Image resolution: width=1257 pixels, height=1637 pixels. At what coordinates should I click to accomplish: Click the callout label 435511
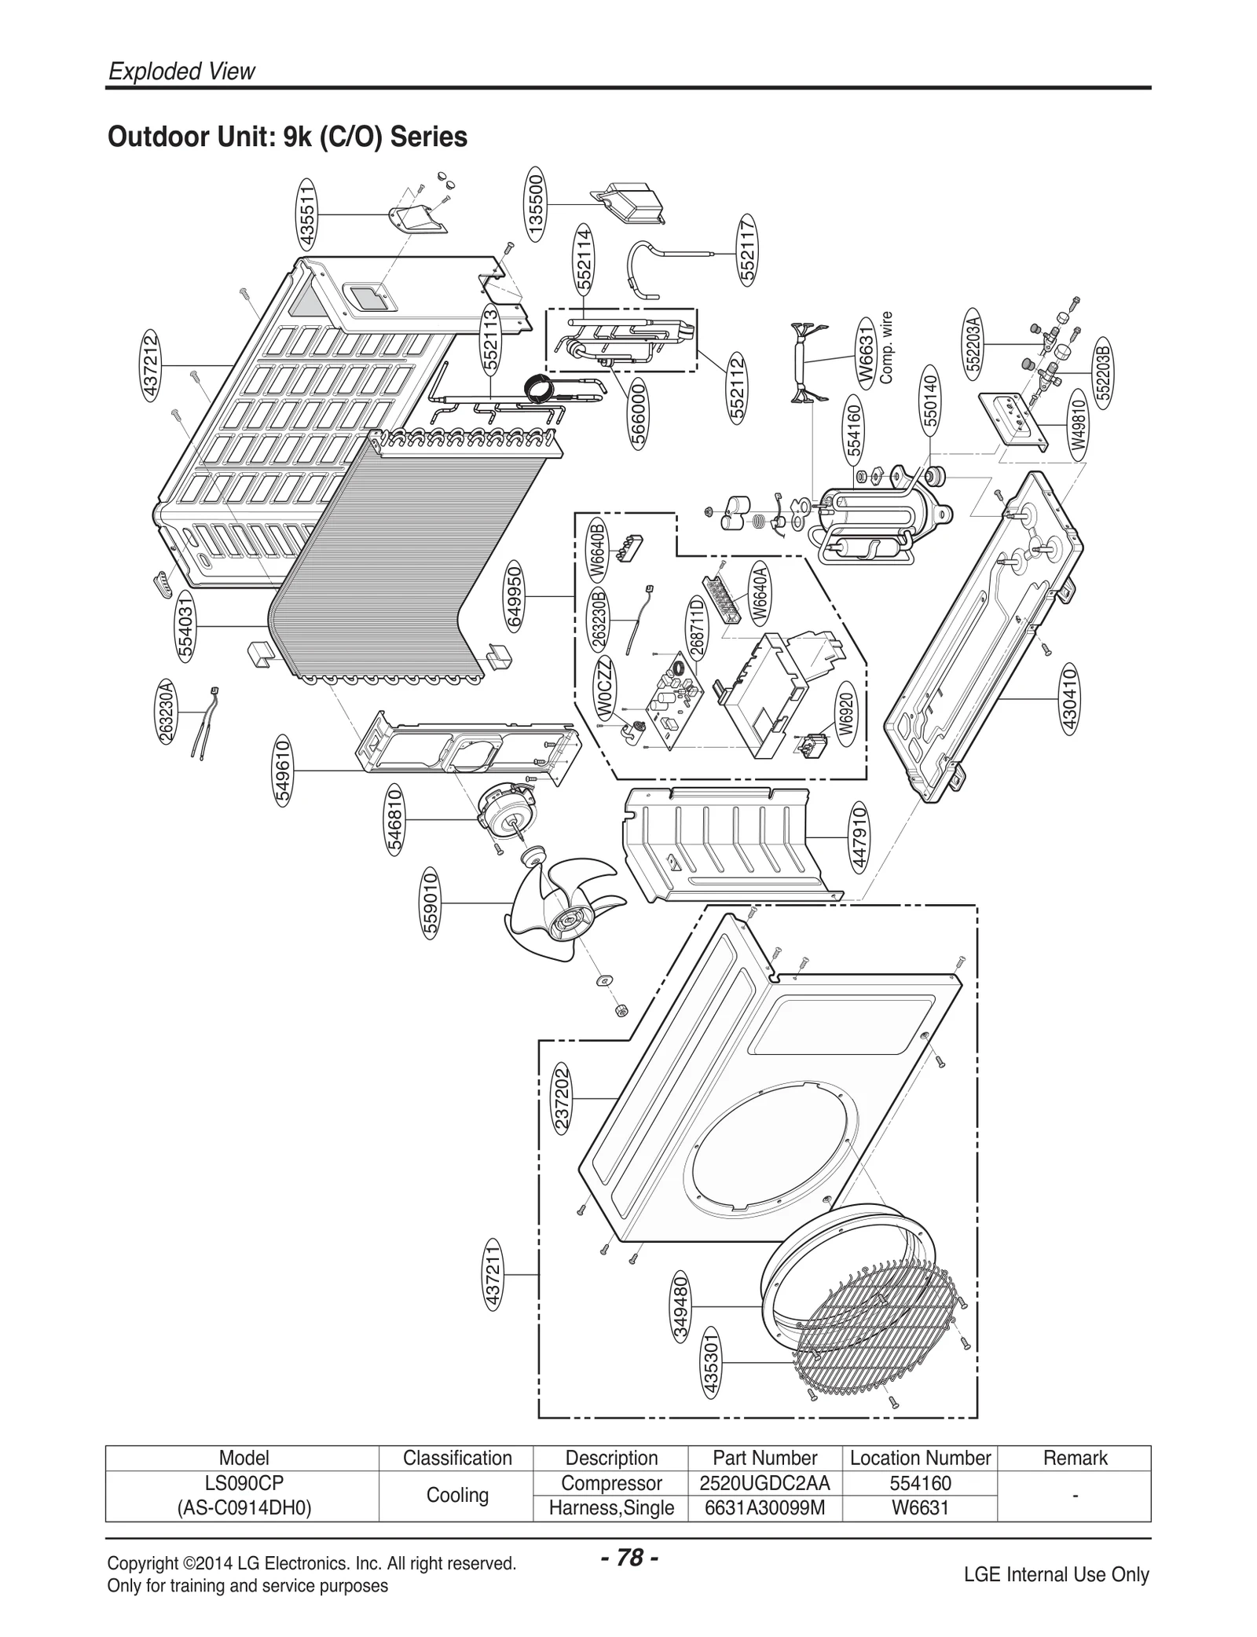tap(307, 214)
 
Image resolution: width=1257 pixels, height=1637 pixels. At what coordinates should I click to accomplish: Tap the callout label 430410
tap(1068, 698)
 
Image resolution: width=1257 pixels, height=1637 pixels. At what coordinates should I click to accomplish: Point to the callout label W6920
tap(845, 713)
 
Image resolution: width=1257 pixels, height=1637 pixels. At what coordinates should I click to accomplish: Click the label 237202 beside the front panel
tap(562, 1097)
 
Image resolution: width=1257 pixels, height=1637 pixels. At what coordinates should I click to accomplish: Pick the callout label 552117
tap(747, 249)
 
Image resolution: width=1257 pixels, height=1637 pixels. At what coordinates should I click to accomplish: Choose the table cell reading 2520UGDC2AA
tap(764, 1483)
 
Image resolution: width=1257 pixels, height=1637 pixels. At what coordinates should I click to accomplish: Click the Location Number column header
tap(920, 1458)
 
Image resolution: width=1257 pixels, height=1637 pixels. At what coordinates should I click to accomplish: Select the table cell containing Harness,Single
tap(611, 1507)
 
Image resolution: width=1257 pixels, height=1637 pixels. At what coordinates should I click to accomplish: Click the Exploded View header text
tap(181, 71)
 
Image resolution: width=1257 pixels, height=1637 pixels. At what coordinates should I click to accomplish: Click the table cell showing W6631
tap(920, 1507)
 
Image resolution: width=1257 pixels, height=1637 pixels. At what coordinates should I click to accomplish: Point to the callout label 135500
tap(537, 204)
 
